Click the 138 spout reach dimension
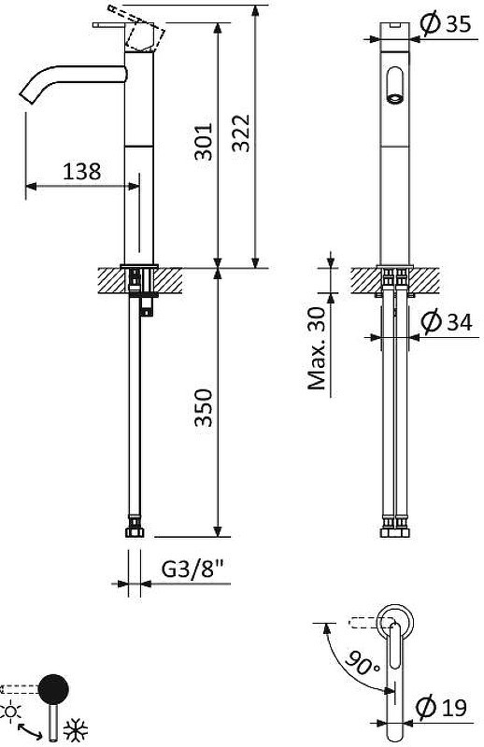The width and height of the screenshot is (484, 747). [x=81, y=171]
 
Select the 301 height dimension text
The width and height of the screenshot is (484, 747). [x=204, y=142]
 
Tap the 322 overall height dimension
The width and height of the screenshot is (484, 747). [x=241, y=133]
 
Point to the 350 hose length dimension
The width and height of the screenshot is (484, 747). [x=204, y=408]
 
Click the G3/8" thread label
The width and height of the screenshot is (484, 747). [x=192, y=569]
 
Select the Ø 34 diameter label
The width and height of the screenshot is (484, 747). [x=447, y=321]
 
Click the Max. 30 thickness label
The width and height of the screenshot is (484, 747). [x=316, y=347]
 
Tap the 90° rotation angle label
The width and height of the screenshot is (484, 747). [x=362, y=662]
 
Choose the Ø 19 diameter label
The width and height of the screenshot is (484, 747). [x=442, y=707]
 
